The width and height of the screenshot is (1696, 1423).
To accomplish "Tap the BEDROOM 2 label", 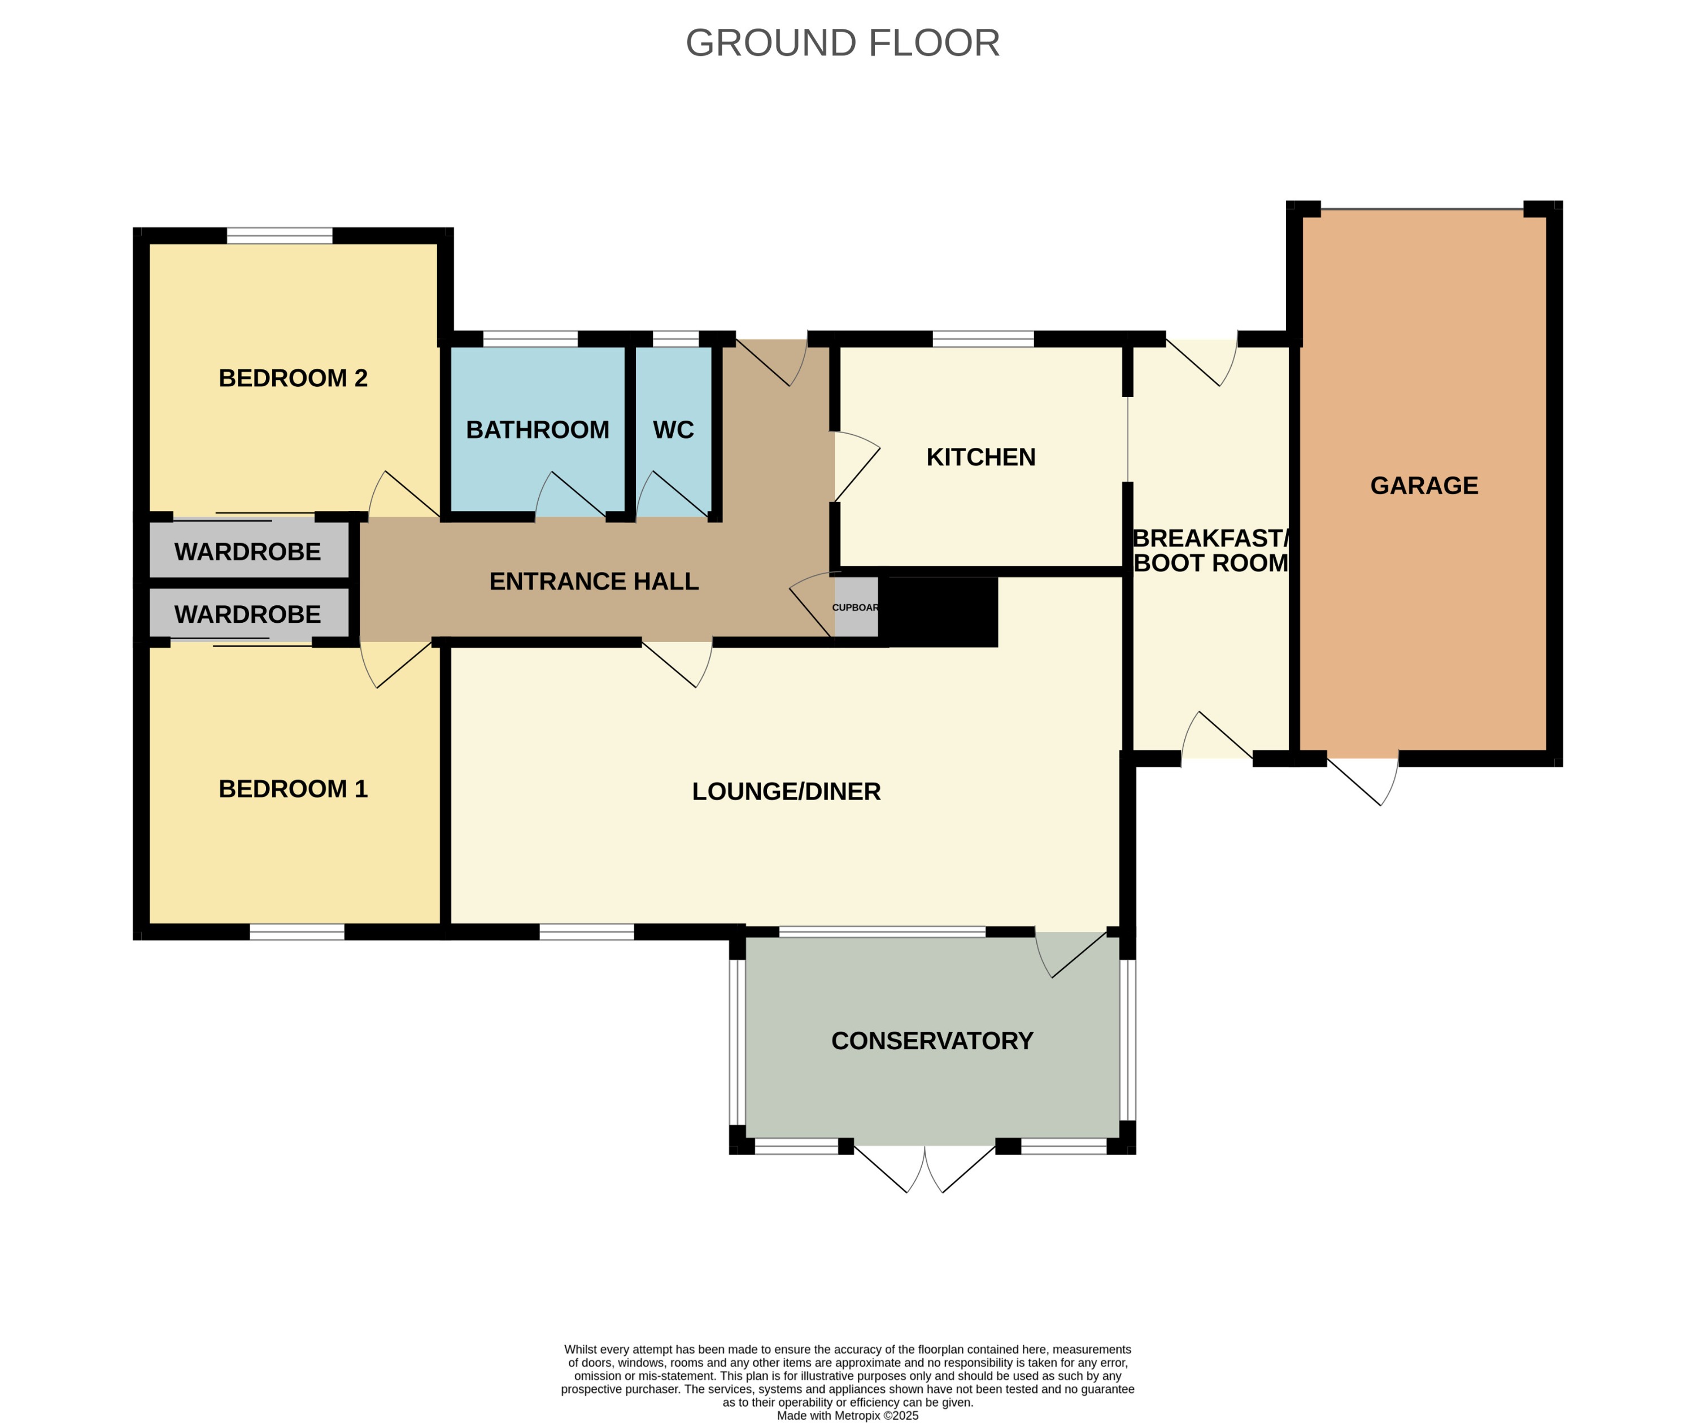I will [293, 378].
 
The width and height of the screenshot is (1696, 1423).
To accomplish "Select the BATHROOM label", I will [537, 430].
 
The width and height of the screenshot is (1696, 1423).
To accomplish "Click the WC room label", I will [673, 430].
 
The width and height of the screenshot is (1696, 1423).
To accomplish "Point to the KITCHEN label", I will [980, 457].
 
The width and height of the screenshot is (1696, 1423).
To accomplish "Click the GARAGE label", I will [1424, 486].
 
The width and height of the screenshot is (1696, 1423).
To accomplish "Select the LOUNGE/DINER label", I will [786, 792].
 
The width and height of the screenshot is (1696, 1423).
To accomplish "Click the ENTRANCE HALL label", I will [594, 582].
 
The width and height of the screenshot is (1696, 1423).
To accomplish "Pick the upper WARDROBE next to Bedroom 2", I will [248, 552].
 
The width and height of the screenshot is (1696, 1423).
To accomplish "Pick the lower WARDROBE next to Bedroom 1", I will [248, 614].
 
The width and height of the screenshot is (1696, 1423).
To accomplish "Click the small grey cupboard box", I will [855, 608].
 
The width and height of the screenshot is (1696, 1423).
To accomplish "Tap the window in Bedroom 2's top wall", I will [280, 236].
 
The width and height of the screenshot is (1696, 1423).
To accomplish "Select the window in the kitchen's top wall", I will [983, 339].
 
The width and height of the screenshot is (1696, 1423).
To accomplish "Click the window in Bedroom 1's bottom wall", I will [297, 932].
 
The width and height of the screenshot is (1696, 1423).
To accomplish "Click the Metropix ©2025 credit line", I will [847, 1416].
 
